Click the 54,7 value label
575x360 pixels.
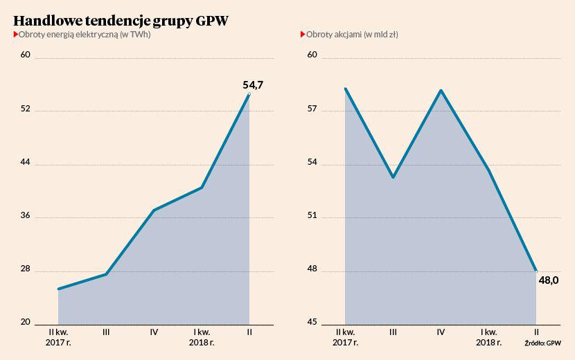point(253,85)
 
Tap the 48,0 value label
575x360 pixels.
point(549,280)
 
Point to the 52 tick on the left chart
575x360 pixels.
point(25,109)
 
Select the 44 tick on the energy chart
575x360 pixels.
point(25,163)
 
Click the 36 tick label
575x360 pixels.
point(25,216)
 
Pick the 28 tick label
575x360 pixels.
point(25,269)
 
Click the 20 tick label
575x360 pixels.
point(25,323)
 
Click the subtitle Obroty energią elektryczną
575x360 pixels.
point(84,35)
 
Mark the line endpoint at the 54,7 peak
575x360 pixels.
point(249,94)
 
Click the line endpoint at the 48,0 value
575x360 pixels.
point(536,271)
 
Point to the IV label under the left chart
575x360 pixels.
point(154,332)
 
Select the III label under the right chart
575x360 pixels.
point(393,332)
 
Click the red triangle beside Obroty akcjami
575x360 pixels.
point(303,34)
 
